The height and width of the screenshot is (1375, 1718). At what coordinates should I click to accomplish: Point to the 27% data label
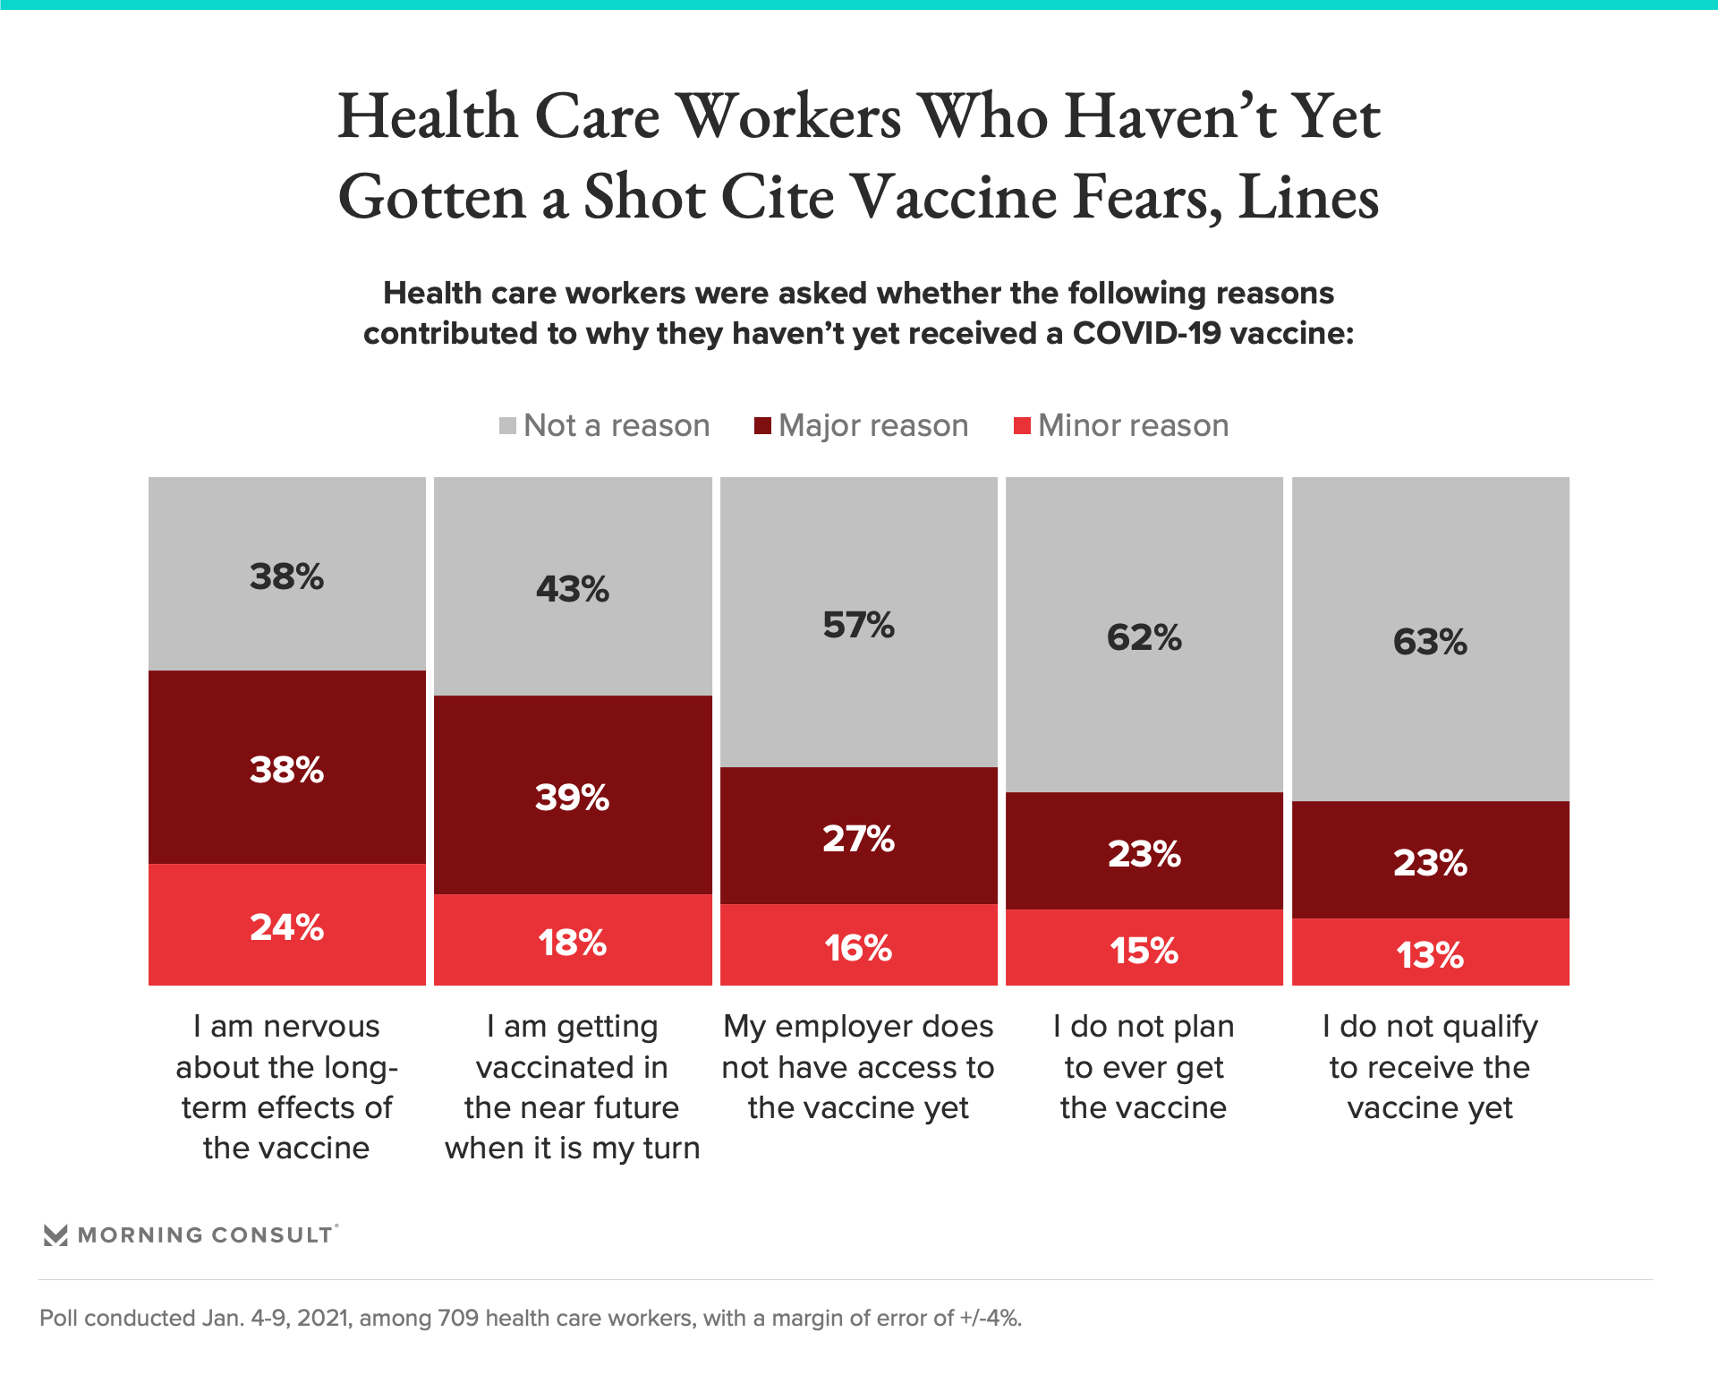tap(858, 839)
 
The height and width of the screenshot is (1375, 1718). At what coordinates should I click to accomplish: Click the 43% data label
tap(573, 589)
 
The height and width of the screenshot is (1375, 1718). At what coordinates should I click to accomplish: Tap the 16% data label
tap(858, 948)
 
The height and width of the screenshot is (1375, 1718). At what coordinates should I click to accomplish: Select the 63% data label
tap(1430, 642)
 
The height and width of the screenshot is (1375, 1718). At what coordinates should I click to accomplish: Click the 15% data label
tap(1144, 951)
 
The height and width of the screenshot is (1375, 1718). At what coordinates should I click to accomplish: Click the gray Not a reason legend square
tap(507, 425)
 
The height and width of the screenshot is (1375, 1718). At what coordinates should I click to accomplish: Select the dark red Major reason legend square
tap(762, 425)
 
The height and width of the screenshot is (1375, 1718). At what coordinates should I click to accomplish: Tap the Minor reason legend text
tap(1133, 425)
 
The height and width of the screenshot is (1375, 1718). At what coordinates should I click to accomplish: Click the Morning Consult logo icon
tap(55, 1235)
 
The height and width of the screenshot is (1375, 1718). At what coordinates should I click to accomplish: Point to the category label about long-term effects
tap(286, 1087)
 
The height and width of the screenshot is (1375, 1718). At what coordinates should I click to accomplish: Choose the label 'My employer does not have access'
tap(858, 1067)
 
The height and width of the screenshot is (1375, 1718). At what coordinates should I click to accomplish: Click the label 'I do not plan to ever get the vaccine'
tap(1144, 1067)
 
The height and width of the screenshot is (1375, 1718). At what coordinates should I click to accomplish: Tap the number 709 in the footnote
tap(457, 1318)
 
